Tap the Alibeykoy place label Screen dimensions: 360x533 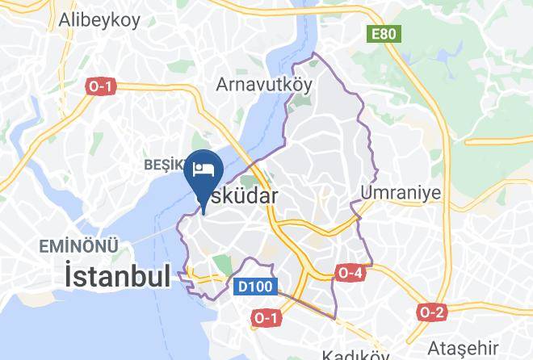click(99, 22)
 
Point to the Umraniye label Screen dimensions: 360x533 click(401, 193)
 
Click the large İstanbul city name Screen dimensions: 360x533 click(117, 277)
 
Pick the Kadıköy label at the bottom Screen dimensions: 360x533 click(355, 354)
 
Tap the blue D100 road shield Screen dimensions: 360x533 click(257, 286)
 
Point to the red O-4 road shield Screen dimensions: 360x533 click(350, 274)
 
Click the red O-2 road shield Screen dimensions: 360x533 click(432, 312)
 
